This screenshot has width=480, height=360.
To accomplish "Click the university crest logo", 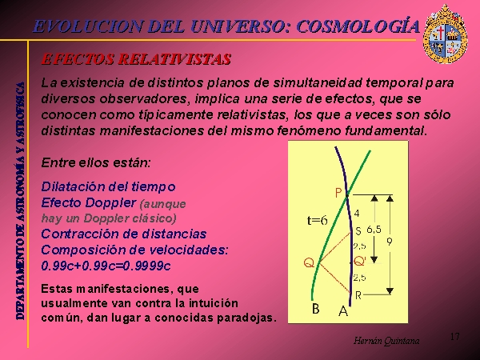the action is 445,34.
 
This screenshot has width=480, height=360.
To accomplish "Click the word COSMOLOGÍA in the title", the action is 358,26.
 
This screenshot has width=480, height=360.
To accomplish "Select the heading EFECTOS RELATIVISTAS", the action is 136,59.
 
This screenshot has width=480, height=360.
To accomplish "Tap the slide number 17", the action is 455,337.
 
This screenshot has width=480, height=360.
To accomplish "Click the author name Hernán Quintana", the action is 386,341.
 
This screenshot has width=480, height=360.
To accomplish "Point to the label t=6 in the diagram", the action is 317,220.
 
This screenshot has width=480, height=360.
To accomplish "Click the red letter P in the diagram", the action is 338,193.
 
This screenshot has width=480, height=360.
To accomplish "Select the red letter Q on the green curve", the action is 309,262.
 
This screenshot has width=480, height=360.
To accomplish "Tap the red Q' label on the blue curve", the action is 360,261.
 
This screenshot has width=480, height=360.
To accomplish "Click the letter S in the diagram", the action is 358,231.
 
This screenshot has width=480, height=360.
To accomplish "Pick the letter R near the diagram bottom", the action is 358,295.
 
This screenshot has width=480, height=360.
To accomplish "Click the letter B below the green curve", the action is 316,309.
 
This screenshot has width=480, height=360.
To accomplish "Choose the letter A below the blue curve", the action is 343,311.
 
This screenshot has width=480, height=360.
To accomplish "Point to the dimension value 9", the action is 389,242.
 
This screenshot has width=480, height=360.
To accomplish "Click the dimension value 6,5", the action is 374,230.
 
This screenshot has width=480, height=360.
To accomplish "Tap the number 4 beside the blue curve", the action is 357,214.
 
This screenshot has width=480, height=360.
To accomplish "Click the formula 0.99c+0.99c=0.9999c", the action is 106,266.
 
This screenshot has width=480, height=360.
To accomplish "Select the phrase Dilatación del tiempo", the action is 108,186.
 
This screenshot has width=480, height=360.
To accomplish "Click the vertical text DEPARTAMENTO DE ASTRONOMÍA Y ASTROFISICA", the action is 20,201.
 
